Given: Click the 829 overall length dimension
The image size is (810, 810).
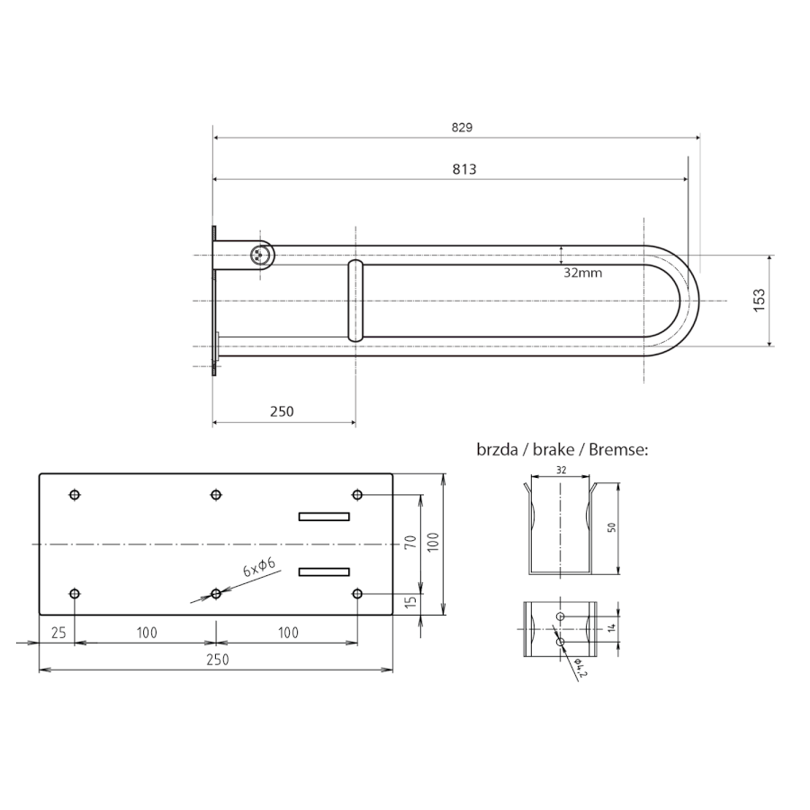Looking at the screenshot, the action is point(462,128).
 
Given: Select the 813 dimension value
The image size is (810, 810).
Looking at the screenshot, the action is point(464,169).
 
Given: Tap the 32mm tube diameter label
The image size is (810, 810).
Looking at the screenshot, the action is point(582,273).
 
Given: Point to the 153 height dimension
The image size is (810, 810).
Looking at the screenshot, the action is point(759,300).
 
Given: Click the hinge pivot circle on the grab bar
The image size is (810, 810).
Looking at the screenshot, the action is point(259,255).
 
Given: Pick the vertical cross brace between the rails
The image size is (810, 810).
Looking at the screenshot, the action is point(355,301).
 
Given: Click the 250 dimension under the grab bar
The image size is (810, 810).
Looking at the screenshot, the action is point(282,411).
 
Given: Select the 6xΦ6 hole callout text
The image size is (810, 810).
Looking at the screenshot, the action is point(259,567).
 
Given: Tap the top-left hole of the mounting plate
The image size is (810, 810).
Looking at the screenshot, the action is point(75,495).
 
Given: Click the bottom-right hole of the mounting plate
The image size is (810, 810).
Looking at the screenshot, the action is point(357,594).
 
